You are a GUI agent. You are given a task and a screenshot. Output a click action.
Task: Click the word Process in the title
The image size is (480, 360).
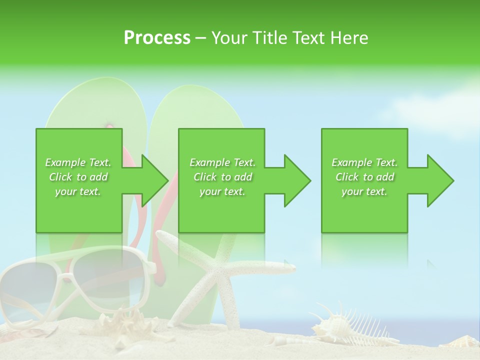(x=157, y=38)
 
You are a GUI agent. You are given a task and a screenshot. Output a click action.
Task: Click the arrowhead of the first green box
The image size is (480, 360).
(x=152, y=180)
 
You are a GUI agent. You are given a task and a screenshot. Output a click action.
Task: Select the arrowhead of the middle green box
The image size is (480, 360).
(x=295, y=180)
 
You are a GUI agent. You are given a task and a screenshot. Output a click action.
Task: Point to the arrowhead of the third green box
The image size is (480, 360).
(x=438, y=180)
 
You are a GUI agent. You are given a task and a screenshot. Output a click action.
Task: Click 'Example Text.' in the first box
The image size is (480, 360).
(x=78, y=162)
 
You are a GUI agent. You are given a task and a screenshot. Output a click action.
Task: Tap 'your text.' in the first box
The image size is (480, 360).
(x=78, y=191)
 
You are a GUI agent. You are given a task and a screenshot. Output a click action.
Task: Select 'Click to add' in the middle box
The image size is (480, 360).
(x=222, y=177)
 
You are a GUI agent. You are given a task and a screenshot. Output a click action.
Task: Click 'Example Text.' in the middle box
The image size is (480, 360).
(x=222, y=162)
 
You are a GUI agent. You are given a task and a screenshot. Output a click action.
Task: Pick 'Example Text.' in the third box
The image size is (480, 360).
(x=364, y=162)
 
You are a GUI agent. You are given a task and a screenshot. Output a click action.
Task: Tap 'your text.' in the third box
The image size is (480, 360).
(x=364, y=191)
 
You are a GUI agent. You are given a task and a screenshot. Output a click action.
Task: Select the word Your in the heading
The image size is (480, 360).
(x=230, y=38)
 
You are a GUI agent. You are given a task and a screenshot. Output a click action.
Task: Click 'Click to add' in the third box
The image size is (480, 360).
(x=364, y=177)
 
